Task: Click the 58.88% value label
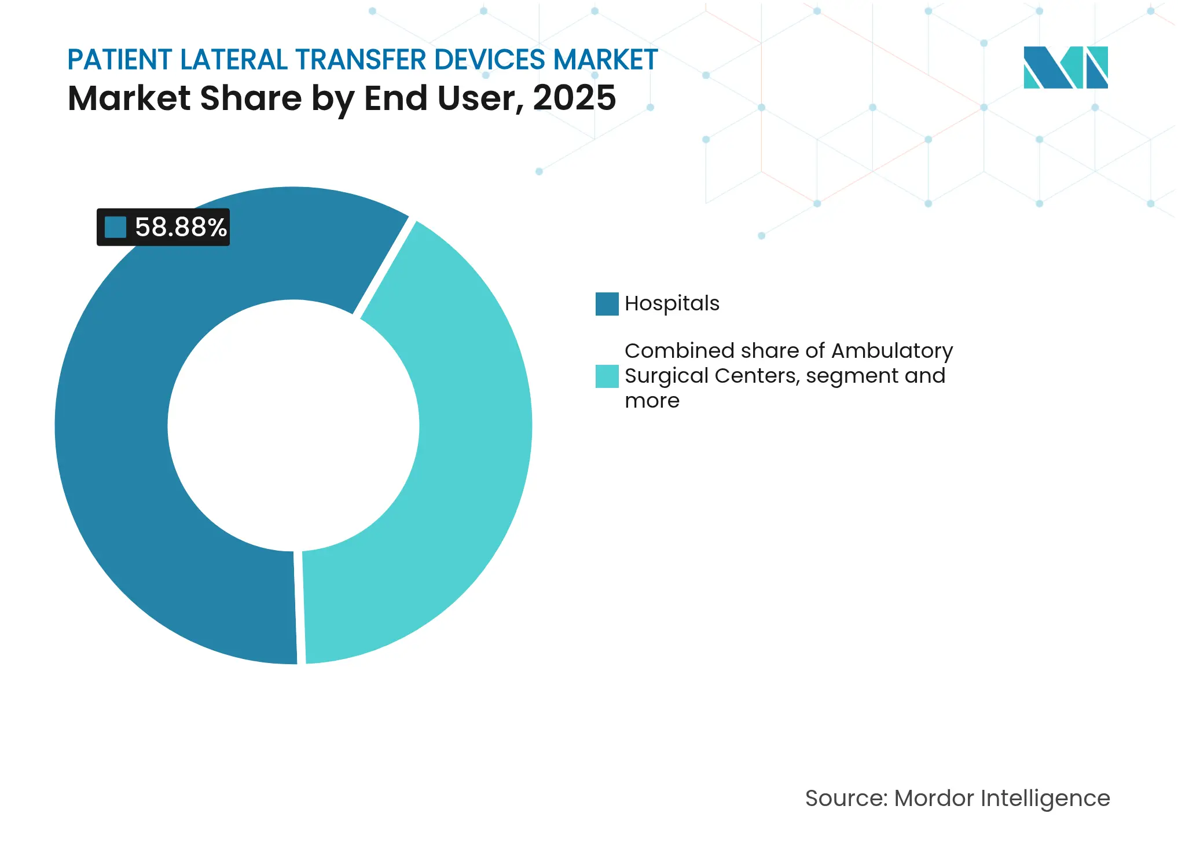click(180, 227)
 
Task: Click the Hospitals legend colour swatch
click(607, 304)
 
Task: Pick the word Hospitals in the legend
click(671, 303)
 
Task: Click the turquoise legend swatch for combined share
click(607, 376)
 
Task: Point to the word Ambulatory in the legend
click(892, 351)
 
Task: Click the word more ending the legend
click(652, 401)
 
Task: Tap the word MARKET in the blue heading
click(605, 60)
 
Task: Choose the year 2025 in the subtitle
click(574, 98)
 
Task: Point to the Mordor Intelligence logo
click(1065, 67)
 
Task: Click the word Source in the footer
click(846, 798)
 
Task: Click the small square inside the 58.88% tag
click(115, 227)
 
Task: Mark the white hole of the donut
click(293, 426)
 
